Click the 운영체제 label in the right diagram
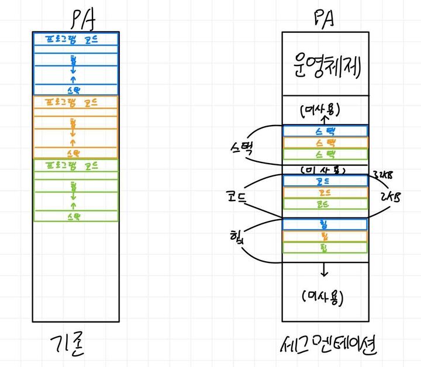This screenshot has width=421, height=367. tap(325, 66)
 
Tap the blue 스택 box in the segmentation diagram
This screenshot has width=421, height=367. tap(325, 131)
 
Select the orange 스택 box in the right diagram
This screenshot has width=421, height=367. tap(325, 143)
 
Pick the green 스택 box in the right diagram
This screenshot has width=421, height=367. tap(325, 154)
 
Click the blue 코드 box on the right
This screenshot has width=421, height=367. tap(325, 181)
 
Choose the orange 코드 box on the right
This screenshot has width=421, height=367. tap(325, 193)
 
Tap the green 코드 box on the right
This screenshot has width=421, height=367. tap(325, 205)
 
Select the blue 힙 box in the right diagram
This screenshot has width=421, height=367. tap(325, 224)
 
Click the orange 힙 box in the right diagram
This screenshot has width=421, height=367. tap(325, 236)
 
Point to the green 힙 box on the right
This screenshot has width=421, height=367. tap(325, 247)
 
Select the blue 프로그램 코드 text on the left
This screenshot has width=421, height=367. tap(76, 39)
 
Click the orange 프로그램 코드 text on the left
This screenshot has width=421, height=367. tap(76, 102)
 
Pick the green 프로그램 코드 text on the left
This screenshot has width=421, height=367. tap(76, 164)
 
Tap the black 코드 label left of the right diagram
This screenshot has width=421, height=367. tap(237, 196)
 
